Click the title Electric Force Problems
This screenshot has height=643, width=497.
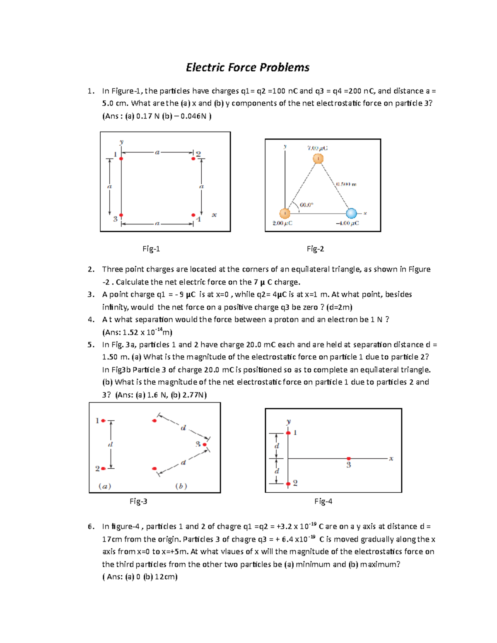point(248,67)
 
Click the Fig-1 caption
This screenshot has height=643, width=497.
point(151,249)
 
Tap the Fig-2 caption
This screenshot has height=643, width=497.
point(315,249)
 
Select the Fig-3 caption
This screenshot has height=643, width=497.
point(138,501)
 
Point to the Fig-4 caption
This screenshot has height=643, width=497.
point(323,501)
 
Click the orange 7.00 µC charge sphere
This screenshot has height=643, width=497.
point(318,159)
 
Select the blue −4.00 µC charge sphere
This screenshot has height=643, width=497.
point(351,213)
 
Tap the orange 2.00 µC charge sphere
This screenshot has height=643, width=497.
point(285,213)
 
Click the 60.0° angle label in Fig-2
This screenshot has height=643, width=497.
point(306,205)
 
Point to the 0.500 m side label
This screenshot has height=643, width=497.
point(346,184)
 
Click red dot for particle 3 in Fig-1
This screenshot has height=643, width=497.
point(121,215)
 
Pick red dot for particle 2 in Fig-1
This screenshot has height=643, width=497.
point(193,159)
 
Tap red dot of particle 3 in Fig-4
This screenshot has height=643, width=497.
point(349,458)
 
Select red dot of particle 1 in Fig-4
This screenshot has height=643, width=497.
point(288,433)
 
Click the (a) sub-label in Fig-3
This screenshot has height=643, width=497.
point(105,486)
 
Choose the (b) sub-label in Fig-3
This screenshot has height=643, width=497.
point(181,486)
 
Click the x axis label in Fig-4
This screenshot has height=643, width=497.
point(391,459)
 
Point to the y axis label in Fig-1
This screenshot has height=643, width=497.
point(121,142)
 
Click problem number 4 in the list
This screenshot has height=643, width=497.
point(91,320)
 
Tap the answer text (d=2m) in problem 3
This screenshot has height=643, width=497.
point(339,307)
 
